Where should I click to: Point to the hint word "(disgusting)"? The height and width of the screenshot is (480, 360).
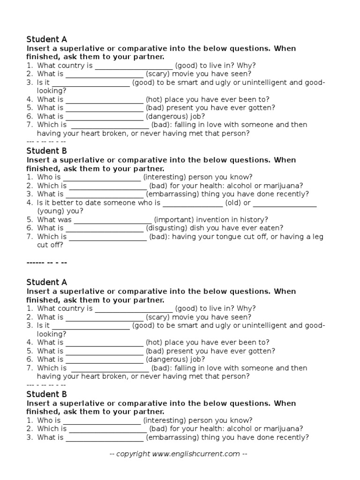(166, 228)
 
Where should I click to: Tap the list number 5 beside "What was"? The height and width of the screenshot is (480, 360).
(29, 219)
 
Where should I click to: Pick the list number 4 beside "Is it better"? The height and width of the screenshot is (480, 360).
(29, 202)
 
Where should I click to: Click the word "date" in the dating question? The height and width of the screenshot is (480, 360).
(90, 202)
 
